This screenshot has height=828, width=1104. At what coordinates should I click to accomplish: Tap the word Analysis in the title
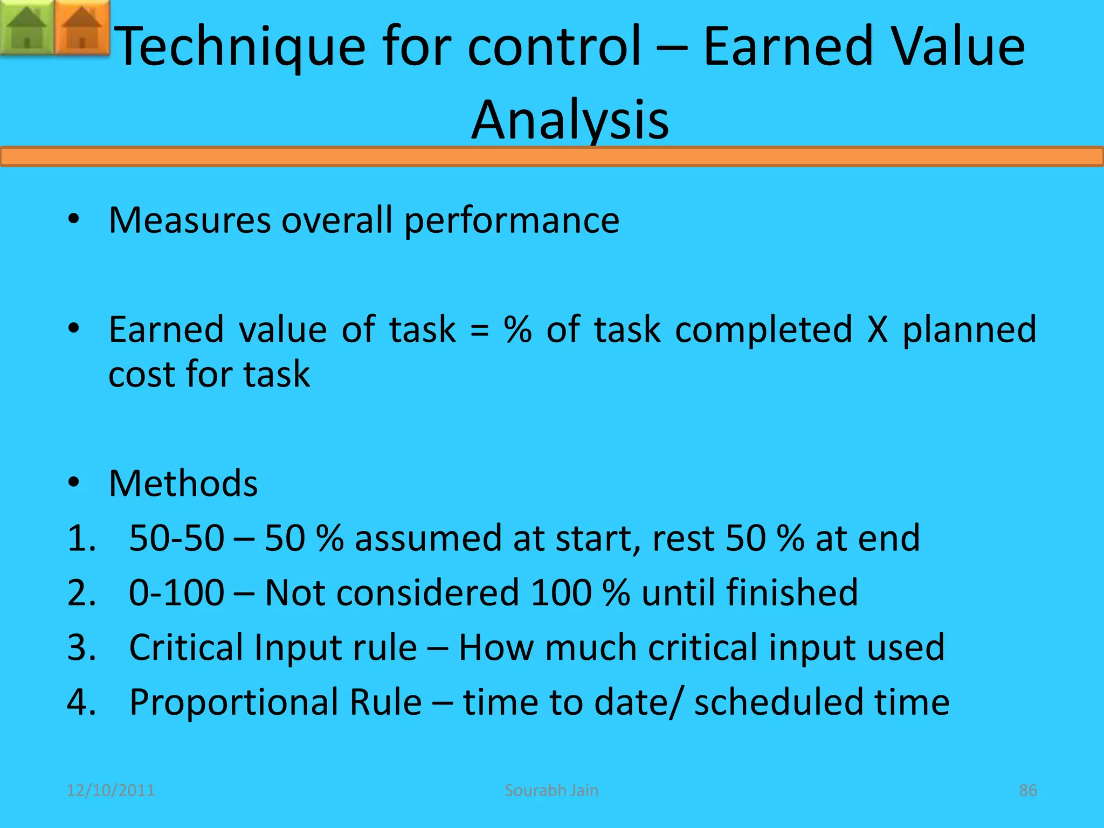[570, 120]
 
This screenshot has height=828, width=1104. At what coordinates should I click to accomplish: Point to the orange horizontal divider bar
[552, 157]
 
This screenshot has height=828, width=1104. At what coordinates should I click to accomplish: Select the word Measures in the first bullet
[189, 220]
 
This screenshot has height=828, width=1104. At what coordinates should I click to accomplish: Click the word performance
[512, 222]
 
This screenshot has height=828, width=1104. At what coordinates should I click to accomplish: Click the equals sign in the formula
[479, 330]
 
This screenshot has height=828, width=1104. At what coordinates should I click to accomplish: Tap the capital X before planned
[878, 330]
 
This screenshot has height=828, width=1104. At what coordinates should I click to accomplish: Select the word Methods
[183, 484]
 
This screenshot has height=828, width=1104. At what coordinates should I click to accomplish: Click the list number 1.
[81, 539]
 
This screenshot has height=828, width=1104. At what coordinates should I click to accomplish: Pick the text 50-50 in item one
[176, 539]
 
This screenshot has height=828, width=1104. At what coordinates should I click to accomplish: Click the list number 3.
[81, 647]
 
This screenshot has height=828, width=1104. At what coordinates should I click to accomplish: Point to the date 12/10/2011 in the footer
[111, 790]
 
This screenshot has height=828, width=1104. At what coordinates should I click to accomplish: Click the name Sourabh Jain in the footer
[551, 790]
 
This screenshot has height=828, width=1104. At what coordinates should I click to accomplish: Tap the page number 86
[1027, 790]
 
